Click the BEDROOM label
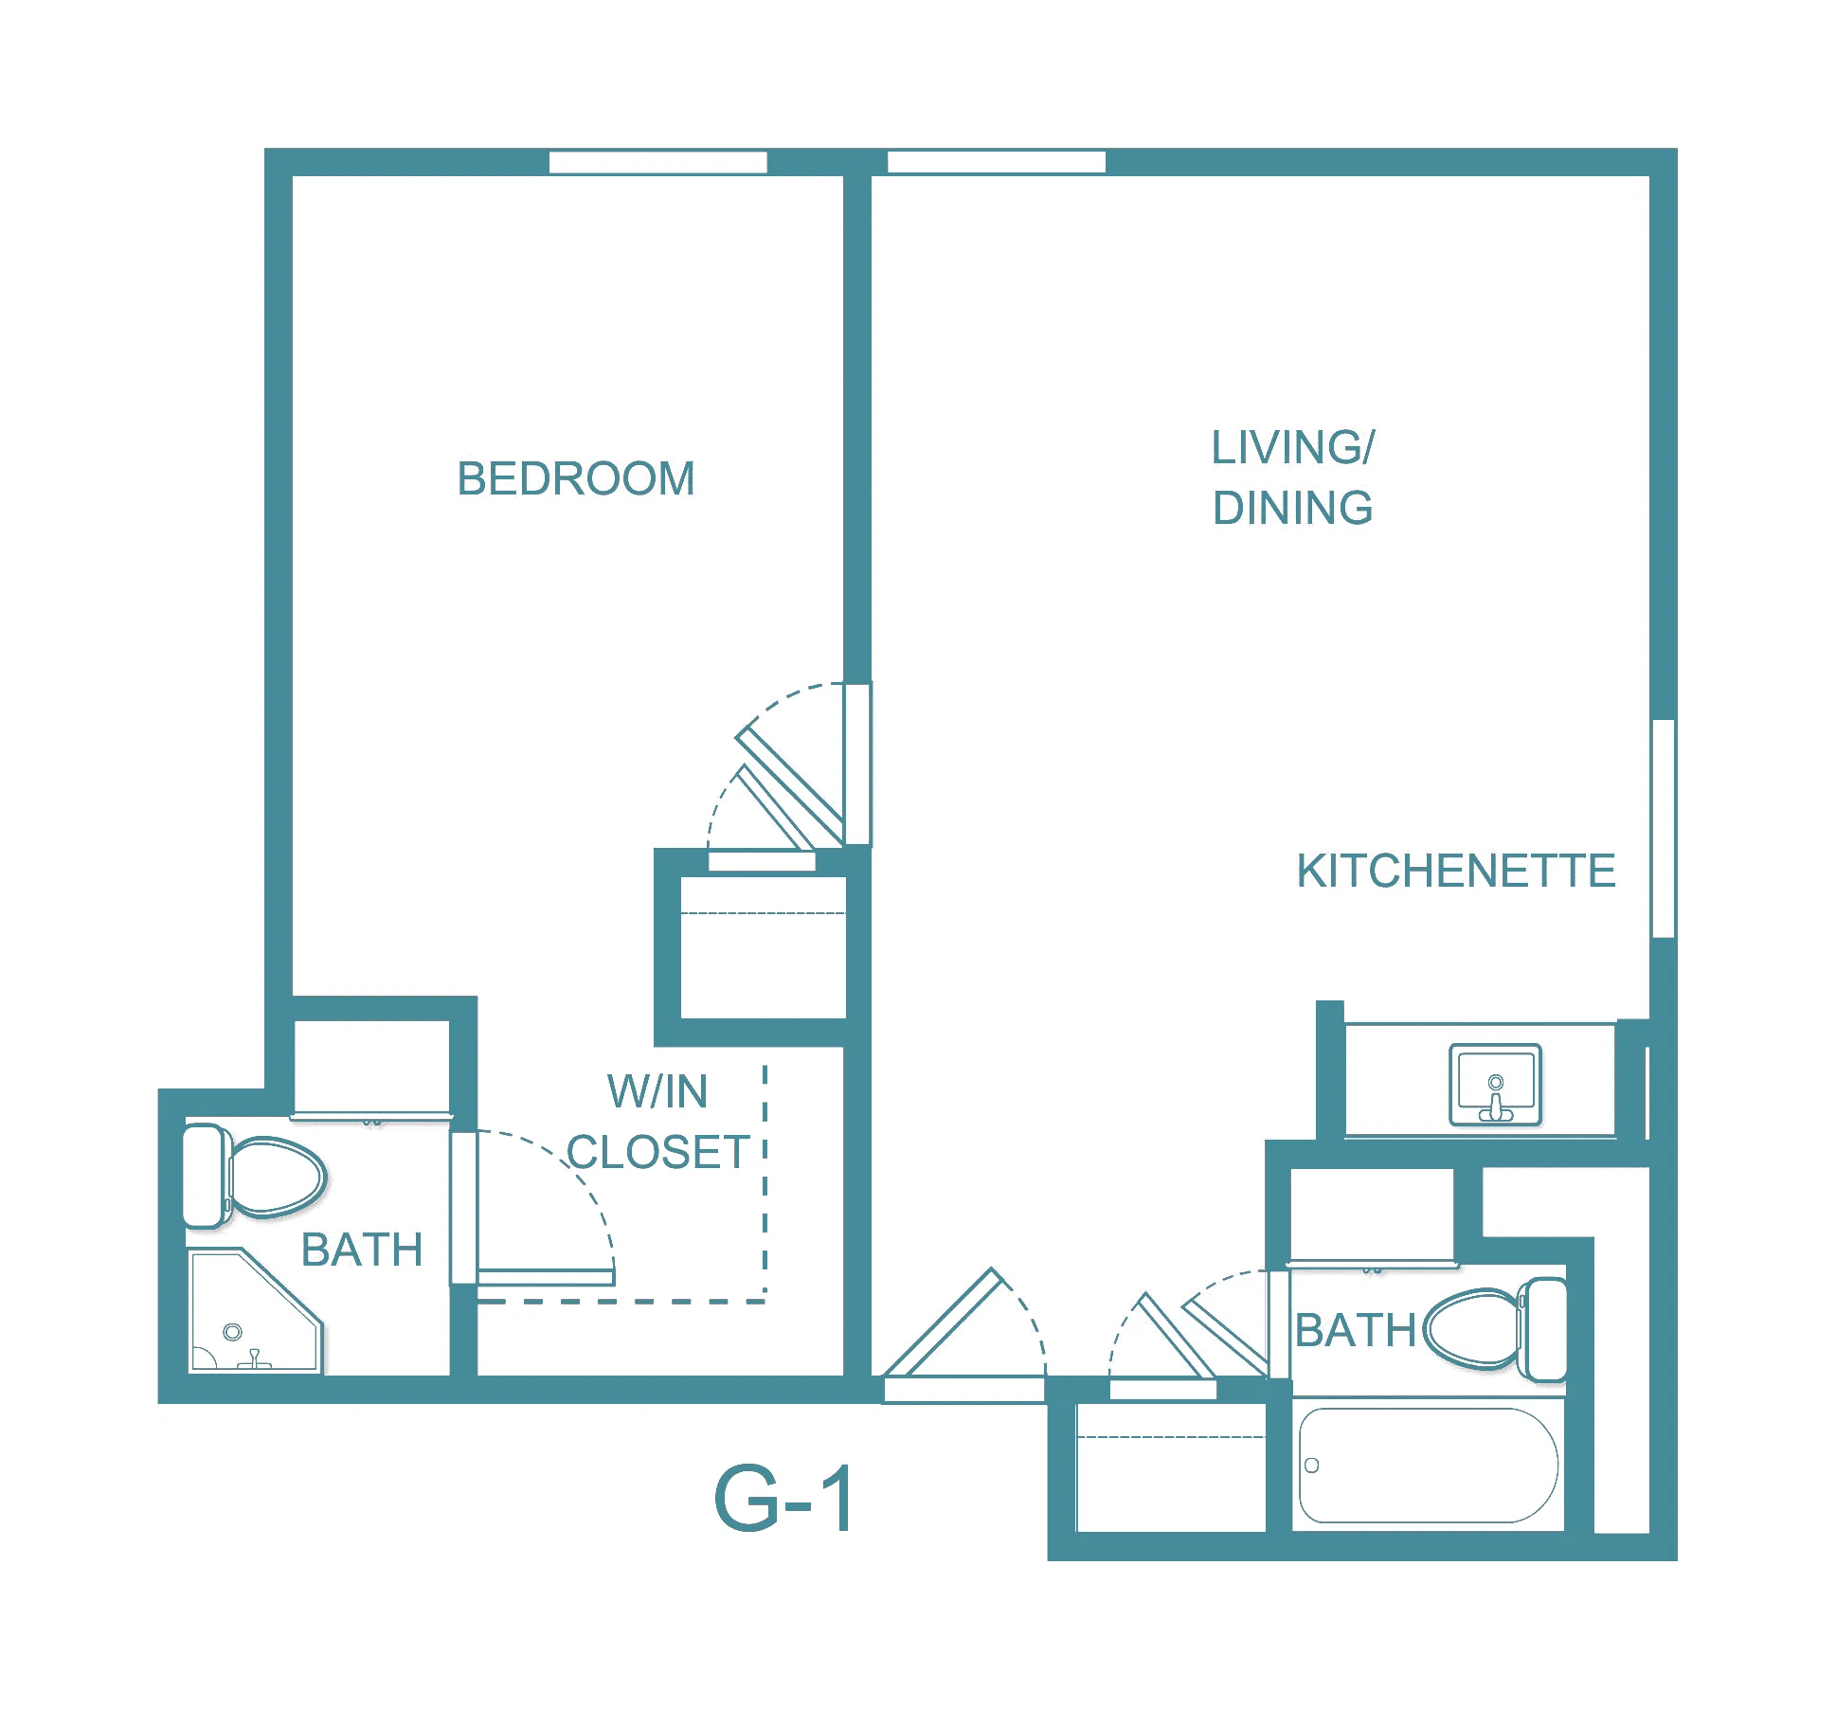click(x=576, y=478)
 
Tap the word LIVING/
click(x=1293, y=447)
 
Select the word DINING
click(x=1293, y=508)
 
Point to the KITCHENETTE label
click(x=1456, y=871)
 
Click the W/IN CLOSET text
click(x=658, y=1122)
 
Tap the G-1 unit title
click(x=784, y=1499)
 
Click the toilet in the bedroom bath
click(x=254, y=1176)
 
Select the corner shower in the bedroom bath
click(x=257, y=1311)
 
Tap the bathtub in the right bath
click(x=1429, y=1466)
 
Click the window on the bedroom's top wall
click(x=658, y=162)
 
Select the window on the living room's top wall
click(x=997, y=162)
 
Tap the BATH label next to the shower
click(x=362, y=1250)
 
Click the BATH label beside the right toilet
click(x=1356, y=1330)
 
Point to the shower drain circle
click(x=232, y=1332)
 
